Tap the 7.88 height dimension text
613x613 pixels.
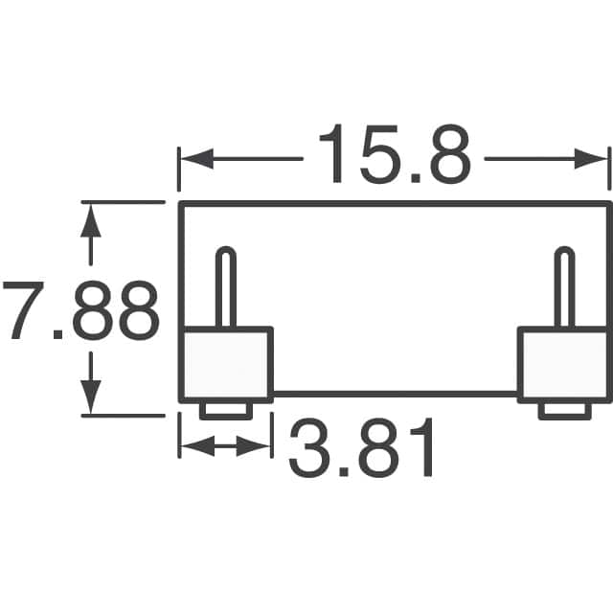click(x=80, y=311)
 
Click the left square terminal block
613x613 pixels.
click(x=227, y=364)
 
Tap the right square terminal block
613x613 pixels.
click(x=563, y=364)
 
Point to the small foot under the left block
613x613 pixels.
click(x=227, y=410)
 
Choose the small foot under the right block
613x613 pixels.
click(x=564, y=410)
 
